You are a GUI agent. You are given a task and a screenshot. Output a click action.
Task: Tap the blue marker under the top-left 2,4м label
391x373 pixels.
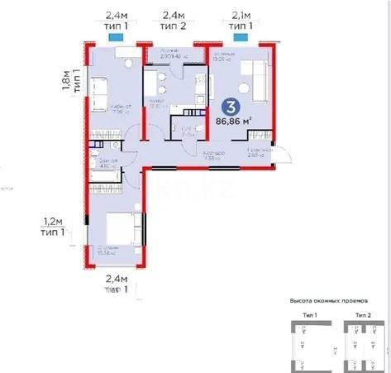point(117,37)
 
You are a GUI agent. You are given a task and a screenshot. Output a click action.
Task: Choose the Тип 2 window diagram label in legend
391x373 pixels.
point(361,316)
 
